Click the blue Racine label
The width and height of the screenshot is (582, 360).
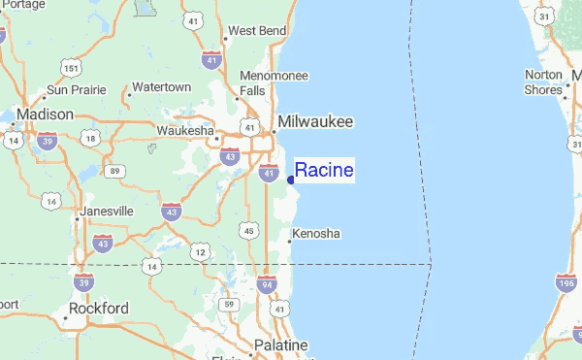(324, 171)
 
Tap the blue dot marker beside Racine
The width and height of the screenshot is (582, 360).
(291, 180)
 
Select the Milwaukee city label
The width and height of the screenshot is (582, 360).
(314, 122)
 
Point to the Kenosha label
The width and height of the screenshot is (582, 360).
(316, 234)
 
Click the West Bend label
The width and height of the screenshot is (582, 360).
(257, 31)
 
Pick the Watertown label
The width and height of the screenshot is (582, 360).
(162, 87)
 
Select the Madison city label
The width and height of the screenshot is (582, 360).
(45, 115)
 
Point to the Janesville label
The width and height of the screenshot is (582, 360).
(108, 211)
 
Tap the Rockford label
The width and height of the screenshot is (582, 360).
(98, 309)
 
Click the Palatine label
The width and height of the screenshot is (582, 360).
(280, 345)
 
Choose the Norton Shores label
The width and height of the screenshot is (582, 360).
(543, 82)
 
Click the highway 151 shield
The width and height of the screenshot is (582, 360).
(70, 66)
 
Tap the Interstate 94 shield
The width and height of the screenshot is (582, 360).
(266, 284)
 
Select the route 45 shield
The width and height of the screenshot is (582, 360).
(249, 230)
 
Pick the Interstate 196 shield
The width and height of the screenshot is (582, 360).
(566, 284)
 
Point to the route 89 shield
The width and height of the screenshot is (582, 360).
(115, 172)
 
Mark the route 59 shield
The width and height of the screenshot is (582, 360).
(229, 306)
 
